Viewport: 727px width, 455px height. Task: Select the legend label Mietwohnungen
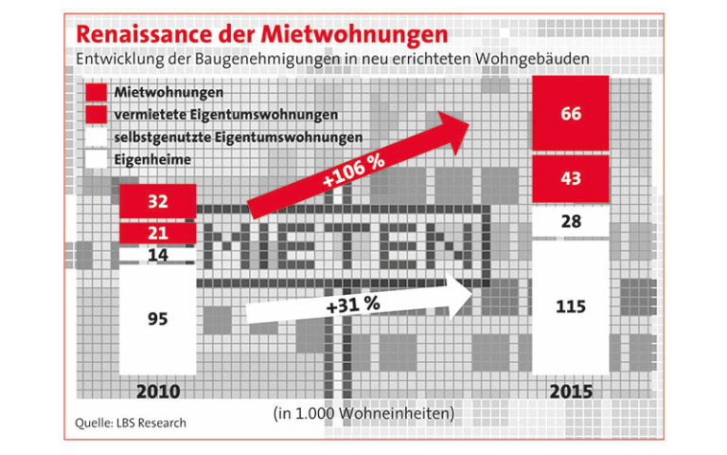point(168,92)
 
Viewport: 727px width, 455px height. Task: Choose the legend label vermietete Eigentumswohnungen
point(226,115)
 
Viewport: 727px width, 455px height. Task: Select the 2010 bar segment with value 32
point(158,201)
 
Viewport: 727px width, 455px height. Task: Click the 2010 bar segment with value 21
point(158,232)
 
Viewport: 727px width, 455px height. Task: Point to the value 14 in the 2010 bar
point(158,255)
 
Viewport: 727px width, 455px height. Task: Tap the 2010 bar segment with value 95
point(158,318)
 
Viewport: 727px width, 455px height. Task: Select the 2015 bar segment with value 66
point(571,115)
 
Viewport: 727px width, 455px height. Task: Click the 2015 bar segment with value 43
point(571,177)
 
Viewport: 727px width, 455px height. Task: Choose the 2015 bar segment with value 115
point(571,306)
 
